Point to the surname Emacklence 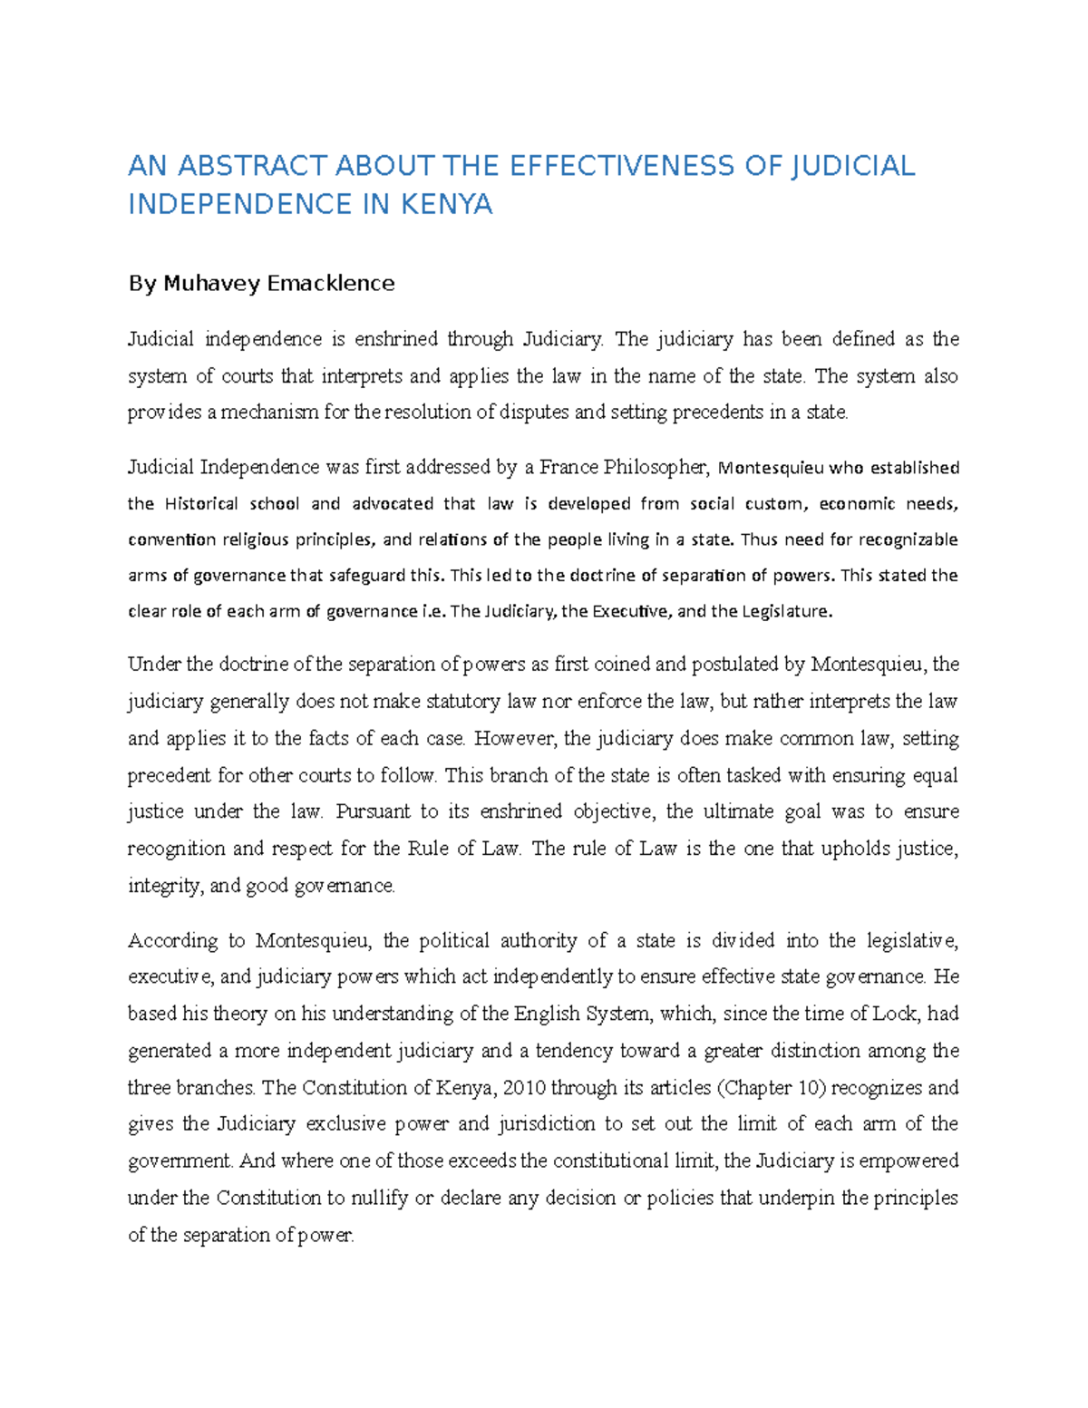pyautogui.click(x=333, y=284)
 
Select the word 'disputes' pyautogui.click(x=533, y=413)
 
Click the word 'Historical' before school pyautogui.click(x=201, y=504)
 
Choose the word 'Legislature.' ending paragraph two pyautogui.click(x=786, y=611)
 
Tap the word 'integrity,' pyautogui.click(x=164, y=886)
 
